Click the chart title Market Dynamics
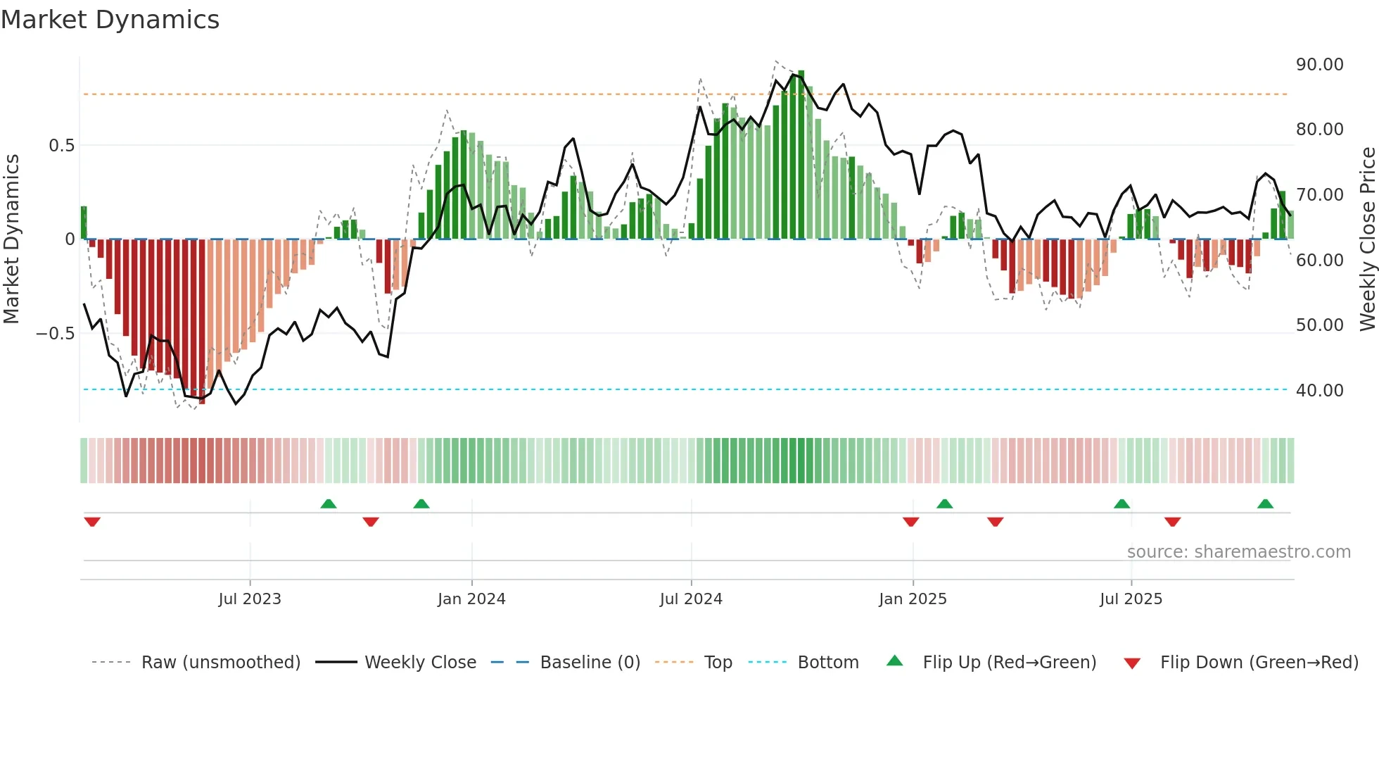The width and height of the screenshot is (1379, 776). (110, 20)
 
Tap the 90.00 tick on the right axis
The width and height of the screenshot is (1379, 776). (1319, 65)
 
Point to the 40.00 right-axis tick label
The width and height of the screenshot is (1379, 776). (1319, 391)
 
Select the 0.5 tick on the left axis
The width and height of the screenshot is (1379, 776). (61, 146)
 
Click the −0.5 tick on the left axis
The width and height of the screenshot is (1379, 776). (56, 334)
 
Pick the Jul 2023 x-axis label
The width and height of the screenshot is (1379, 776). (250, 599)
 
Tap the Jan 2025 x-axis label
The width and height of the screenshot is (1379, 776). (913, 599)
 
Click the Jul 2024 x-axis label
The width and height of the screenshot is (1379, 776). (691, 599)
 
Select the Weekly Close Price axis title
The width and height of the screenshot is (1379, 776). (1367, 239)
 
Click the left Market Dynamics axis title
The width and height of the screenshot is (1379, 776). (11, 239)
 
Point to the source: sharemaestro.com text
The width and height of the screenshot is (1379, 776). (1238, 552)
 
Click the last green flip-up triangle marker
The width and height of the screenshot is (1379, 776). (1265, 503)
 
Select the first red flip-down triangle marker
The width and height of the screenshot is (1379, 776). (92, 522)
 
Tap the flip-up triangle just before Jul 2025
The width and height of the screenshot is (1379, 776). (1121, 503)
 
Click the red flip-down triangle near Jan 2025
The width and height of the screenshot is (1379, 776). (910, 522)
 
